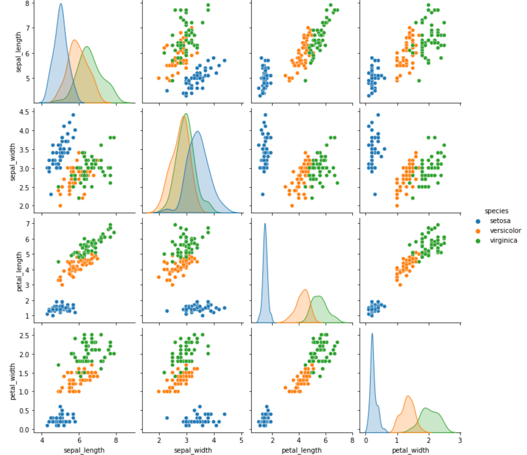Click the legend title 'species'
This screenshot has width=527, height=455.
496,211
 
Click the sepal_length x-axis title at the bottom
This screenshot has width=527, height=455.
84,450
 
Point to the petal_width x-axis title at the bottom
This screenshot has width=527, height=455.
410,450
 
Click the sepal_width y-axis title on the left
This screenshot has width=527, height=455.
12,162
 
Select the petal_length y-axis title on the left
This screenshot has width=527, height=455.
19,271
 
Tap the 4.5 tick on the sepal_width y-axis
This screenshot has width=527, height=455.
25,112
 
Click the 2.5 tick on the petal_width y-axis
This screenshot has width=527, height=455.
25,335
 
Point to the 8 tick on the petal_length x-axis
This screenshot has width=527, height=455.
352,440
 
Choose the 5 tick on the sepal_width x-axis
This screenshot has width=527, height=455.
241,440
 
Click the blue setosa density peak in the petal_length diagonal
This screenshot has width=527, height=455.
265,224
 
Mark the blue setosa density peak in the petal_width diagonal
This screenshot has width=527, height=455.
372,334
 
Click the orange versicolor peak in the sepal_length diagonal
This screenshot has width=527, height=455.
75,40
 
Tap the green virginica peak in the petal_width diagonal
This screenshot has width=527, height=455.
425,408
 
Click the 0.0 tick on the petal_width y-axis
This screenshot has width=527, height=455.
25,430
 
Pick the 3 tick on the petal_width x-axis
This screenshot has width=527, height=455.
460,440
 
